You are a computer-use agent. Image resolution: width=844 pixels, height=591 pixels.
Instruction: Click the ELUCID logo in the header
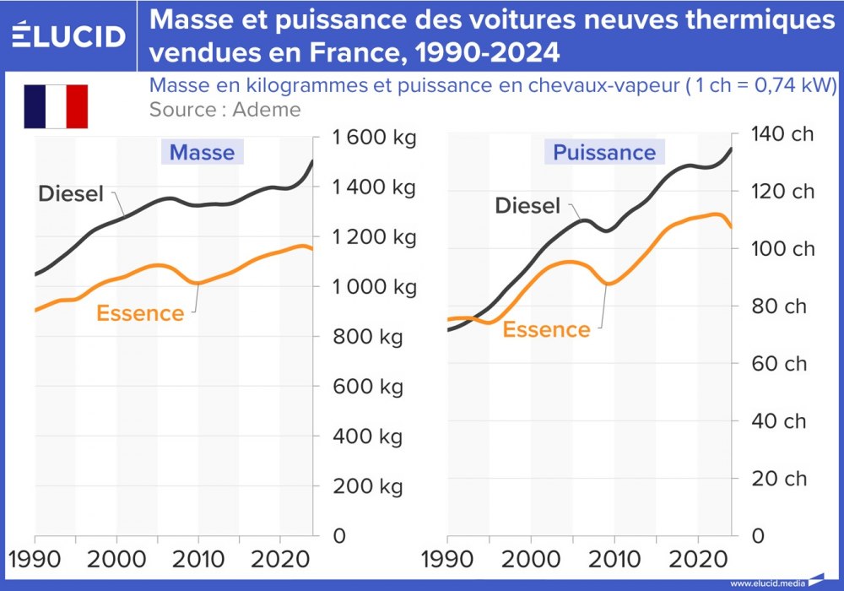(69, 35)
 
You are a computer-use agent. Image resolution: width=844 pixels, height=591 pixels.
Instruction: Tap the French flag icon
(56, 106)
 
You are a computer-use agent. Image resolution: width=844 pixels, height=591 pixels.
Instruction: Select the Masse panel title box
(202, 153)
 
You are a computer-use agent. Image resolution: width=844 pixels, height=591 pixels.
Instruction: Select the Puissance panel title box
(603, 153)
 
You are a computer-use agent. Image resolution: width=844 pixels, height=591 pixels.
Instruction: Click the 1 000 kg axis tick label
(374, 287)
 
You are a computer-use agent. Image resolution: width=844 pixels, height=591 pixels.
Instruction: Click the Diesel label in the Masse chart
(71, 194)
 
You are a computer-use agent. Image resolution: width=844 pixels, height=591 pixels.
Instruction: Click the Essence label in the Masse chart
(140, 314)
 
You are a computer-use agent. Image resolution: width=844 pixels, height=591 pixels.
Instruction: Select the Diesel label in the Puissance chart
(527, 206)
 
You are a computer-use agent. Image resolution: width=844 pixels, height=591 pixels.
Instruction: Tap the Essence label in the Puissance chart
(546, 330)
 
